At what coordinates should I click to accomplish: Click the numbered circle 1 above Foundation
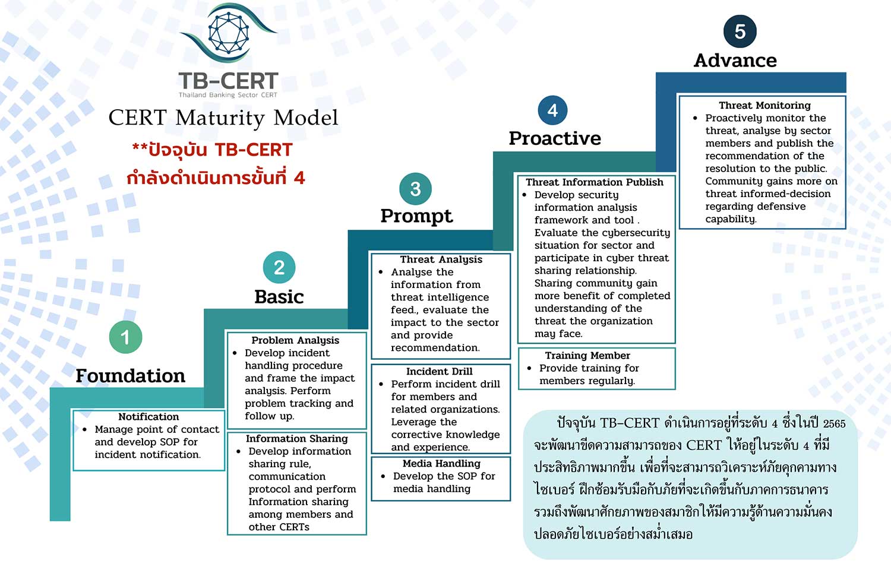point(126,337)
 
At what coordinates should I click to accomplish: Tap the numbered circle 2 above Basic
point(279,267)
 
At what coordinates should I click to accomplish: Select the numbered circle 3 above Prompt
point(416,189)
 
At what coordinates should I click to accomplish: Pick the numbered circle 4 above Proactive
point(552,110)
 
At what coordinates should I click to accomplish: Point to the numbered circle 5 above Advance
point(740,31)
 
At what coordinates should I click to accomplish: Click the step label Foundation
point(131,376)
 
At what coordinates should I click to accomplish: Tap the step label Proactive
point(555,138)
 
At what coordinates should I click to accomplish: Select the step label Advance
point(735,61)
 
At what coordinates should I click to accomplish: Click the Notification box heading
point(148,417)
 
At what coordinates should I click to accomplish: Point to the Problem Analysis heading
point(295,341)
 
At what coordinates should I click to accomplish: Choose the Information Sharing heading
point(297,438)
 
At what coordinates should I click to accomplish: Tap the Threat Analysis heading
point(441,259)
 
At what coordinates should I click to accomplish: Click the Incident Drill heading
point(439,371)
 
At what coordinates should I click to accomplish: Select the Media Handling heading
point(441,464)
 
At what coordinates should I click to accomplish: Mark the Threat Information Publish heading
point(595,182)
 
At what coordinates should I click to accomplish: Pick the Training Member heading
point(587,355)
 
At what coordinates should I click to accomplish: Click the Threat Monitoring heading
point(764,105)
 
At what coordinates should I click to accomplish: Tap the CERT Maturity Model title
point(223,118)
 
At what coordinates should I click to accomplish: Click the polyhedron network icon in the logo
point(229,33)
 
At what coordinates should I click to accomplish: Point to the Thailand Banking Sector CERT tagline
point(228,95)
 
